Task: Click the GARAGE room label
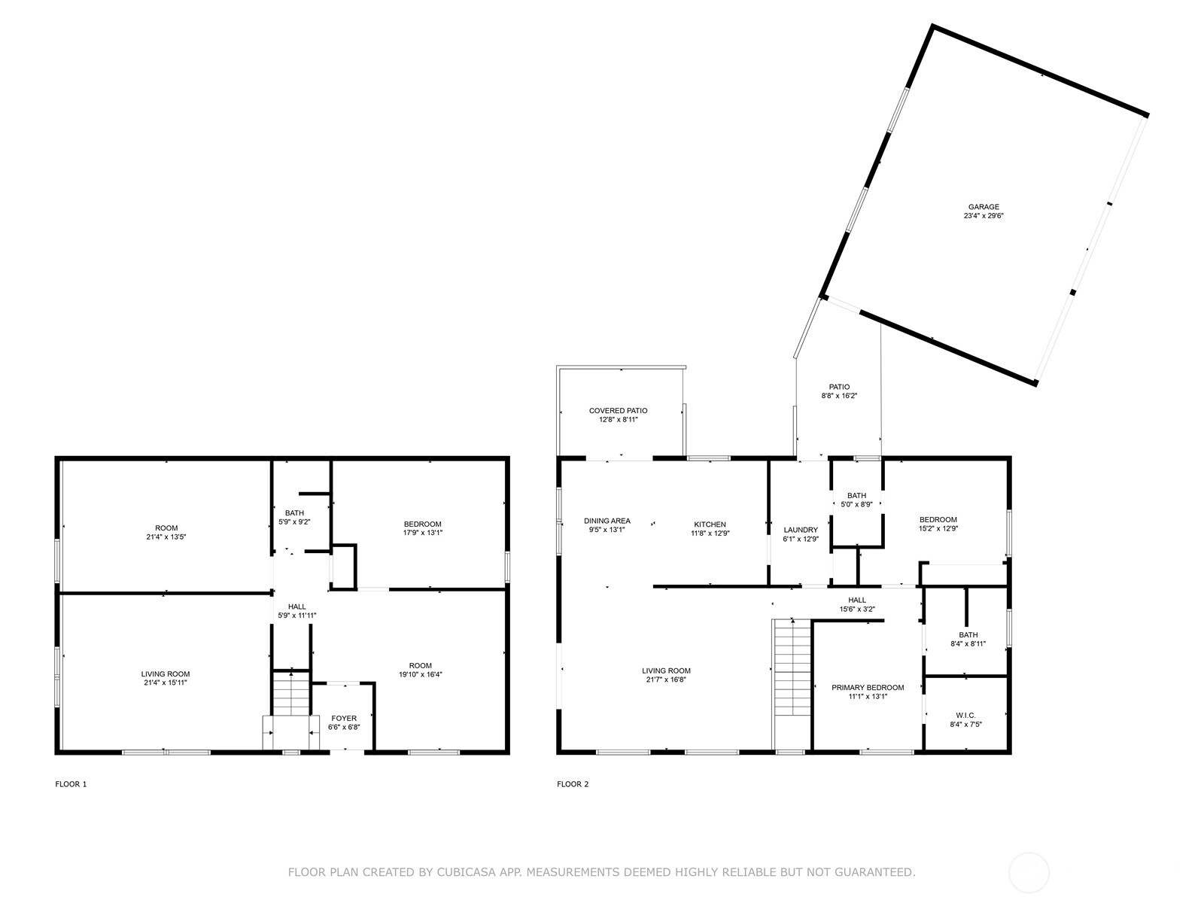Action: tap(984, 207)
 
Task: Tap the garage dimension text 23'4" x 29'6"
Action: tap(984, 215)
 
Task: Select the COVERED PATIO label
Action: tap(619, 411)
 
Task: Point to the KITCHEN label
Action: tap(710, 524)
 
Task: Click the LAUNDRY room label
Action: tap(801, 530)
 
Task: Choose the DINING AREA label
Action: tap(607, 521)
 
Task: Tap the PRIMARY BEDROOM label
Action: tap(868, 688)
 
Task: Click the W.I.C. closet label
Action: tap(965, 716)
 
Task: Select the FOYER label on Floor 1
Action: tap(344, 718)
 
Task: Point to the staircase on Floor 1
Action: tap(291, 694)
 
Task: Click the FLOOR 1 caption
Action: tap(71, 784)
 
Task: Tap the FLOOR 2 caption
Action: tap(573, 784)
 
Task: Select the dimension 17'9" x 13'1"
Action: tap(423, 532)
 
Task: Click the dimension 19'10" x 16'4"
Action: tap(420, 674)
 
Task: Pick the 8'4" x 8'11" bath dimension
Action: tap(968, 643)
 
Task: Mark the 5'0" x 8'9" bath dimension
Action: tap(856, 504)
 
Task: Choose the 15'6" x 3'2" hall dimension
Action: tap(857, 609)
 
